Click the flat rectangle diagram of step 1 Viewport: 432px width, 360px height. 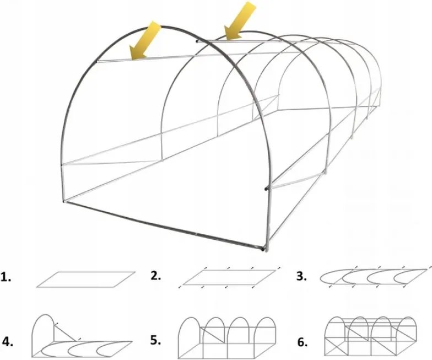tap(85, 279)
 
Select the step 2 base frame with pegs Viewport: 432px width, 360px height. tap(229, 277)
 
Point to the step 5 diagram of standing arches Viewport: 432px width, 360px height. tap(227, 337)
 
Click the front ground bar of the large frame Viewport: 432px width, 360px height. tap(165, 226)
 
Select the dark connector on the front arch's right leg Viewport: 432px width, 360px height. tap(267, 189)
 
